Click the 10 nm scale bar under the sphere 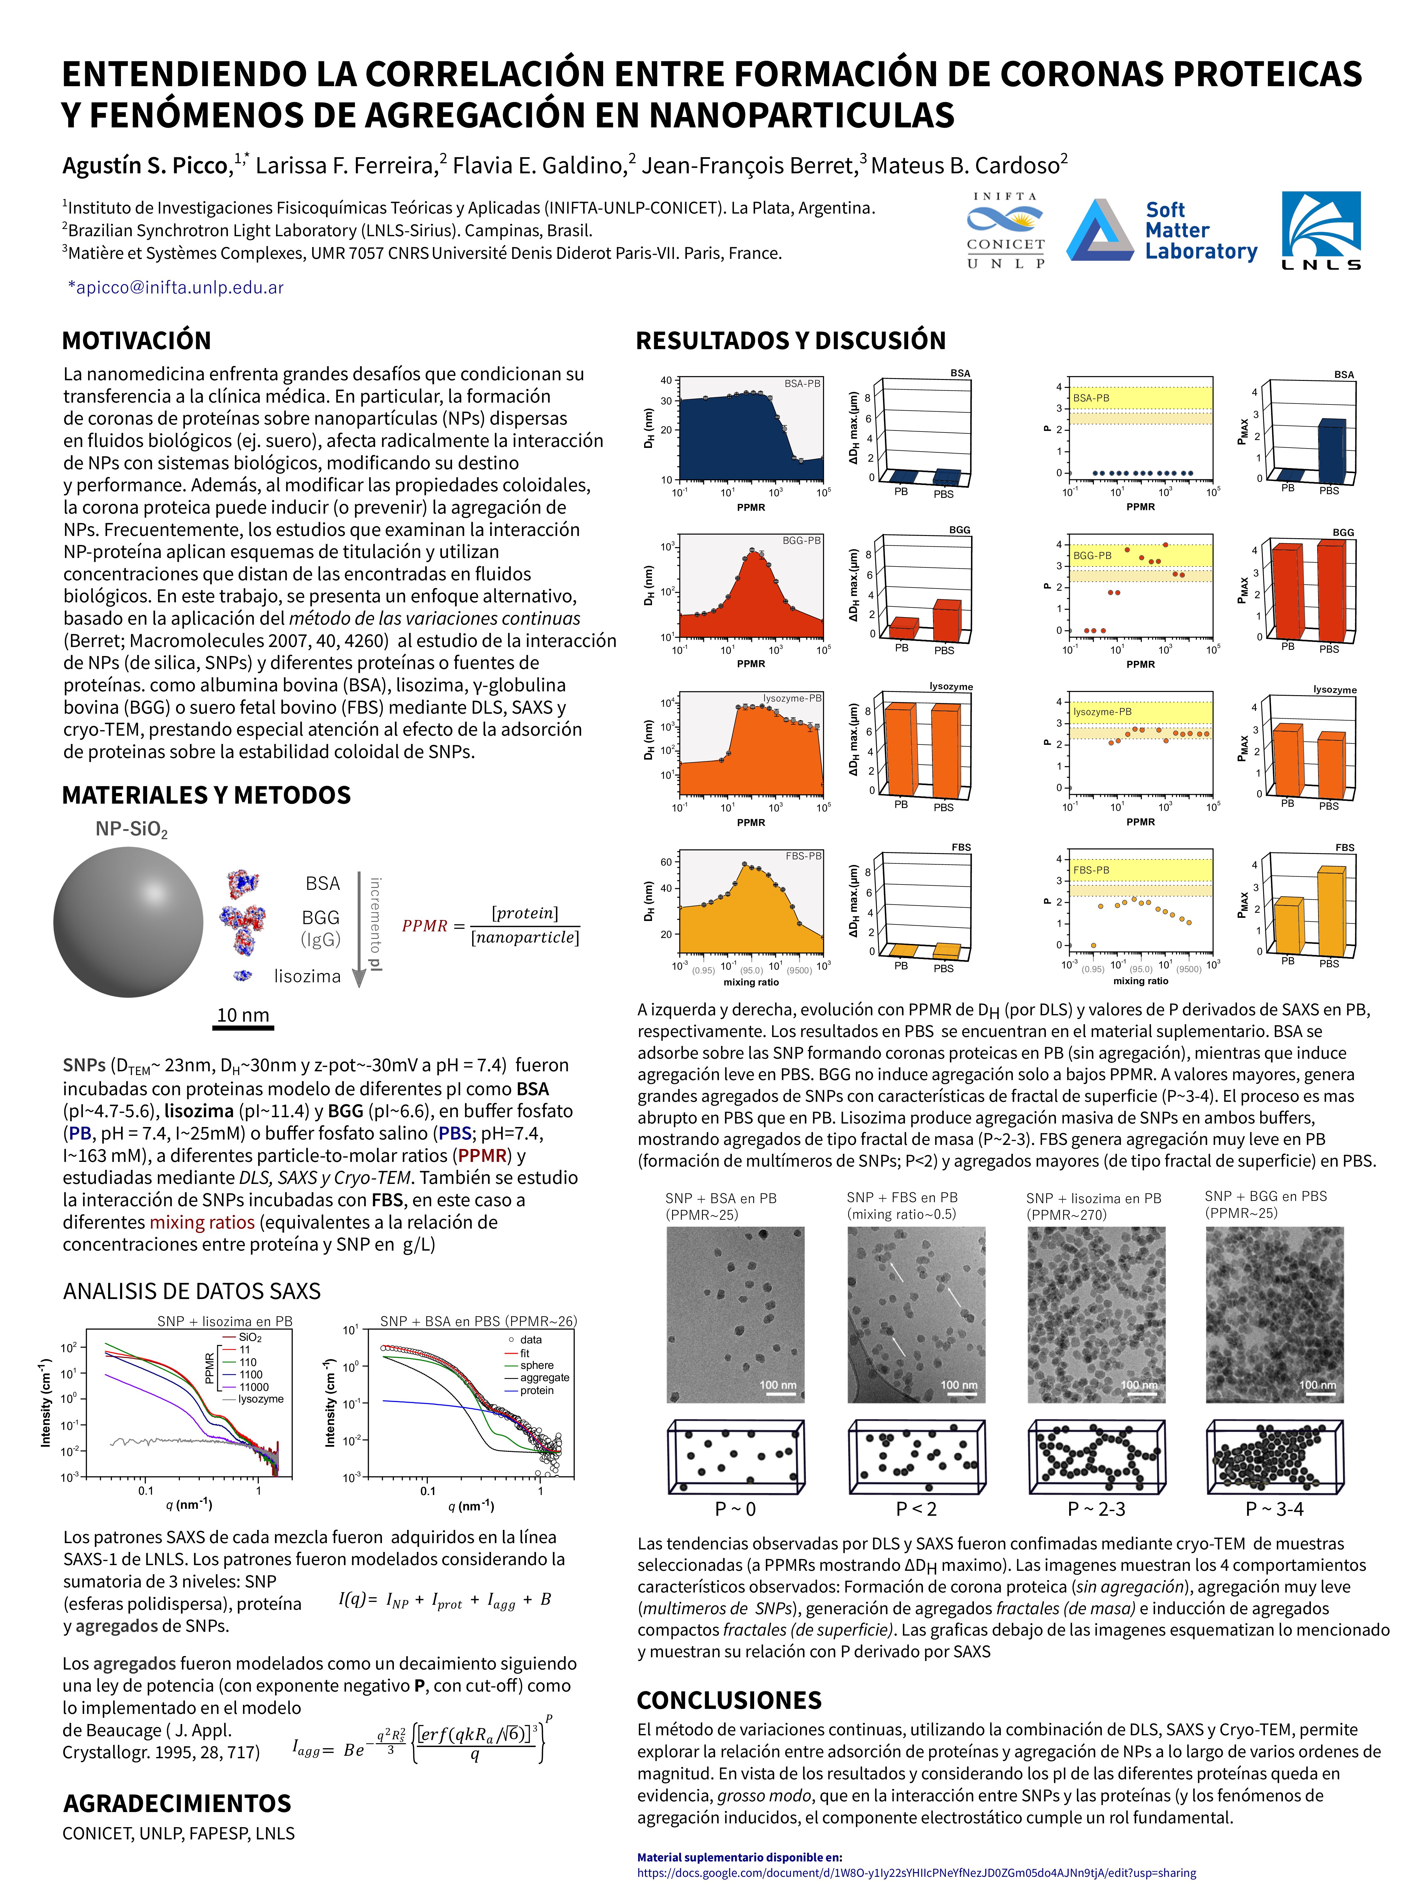pos(243,1026)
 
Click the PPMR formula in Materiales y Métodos pos(491,925)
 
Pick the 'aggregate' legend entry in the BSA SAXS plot pos(544,1377)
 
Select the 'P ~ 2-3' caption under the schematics pos(1096,1509)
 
